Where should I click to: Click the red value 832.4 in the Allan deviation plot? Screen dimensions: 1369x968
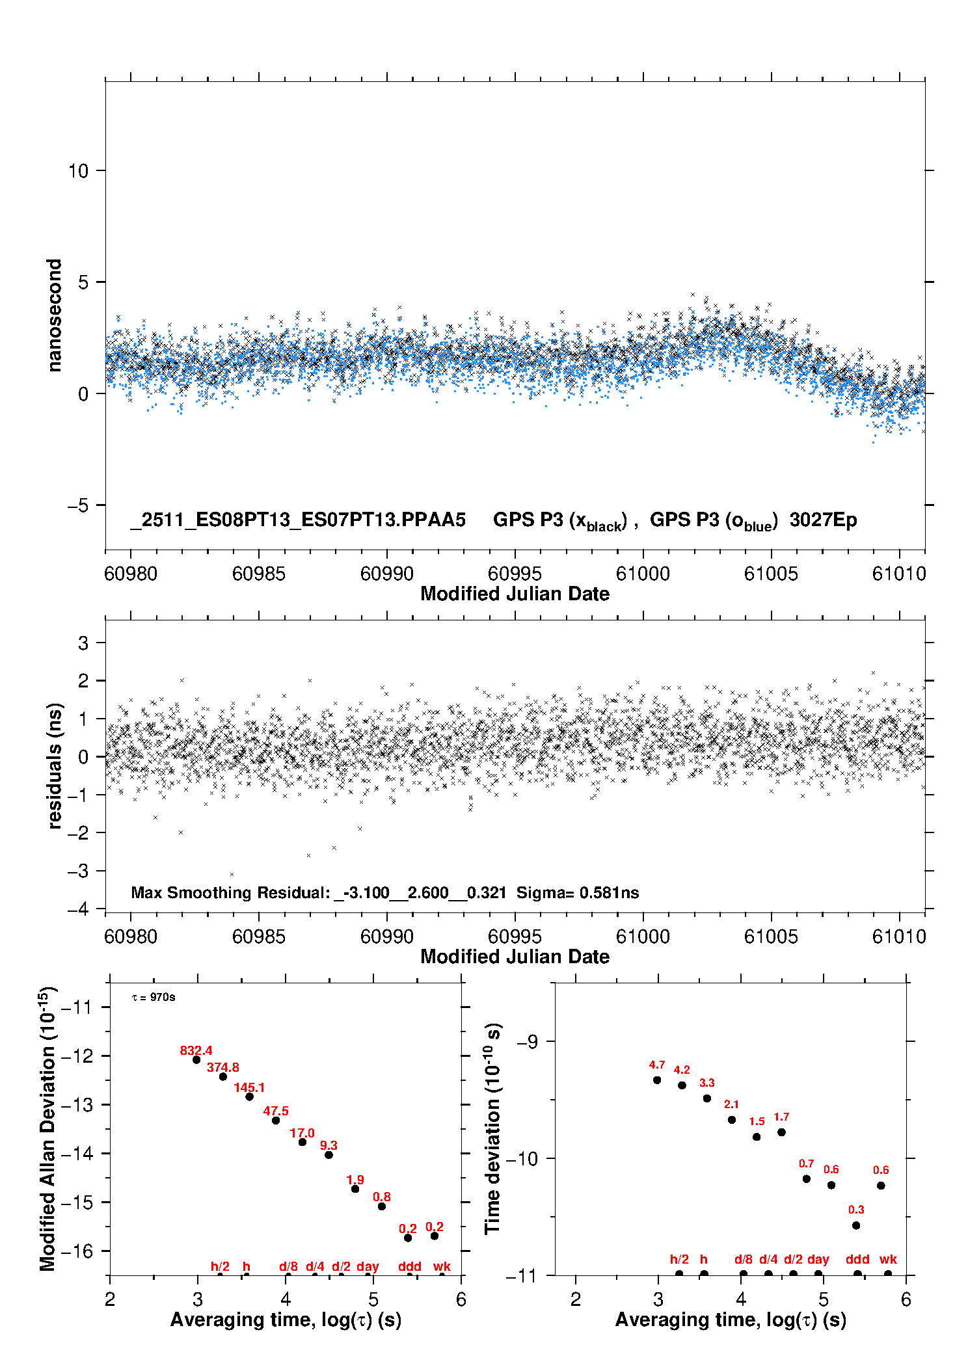[196, 1050]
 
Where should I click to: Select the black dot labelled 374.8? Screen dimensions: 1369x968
[223, 1076]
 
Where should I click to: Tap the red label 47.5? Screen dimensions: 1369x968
[276, 1111]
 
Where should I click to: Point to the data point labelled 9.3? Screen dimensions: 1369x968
[329, 1154]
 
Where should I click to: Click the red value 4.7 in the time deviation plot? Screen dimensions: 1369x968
[657, 1065]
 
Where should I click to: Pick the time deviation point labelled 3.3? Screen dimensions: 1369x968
[707, 1098]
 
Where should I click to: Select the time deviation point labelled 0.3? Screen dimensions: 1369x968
[856, 1225]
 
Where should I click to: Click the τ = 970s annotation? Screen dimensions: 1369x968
[154, 997]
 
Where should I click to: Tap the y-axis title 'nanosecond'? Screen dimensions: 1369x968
[54, 315]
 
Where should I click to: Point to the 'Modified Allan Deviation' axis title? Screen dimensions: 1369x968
[47, 1128]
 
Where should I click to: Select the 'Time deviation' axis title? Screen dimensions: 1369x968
[492, 1128]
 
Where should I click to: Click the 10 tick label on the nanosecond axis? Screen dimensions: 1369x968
[78, 171]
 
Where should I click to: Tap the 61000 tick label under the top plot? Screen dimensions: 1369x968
[643, 574]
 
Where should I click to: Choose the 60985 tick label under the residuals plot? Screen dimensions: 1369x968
[258, 937]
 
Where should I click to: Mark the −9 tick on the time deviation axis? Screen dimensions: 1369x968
[527, 1041]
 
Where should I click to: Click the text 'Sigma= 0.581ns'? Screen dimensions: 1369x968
[578, 892]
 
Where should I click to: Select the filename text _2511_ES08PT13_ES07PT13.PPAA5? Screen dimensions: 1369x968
[298, 520]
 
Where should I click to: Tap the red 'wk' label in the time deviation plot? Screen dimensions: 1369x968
[888, 1259]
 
